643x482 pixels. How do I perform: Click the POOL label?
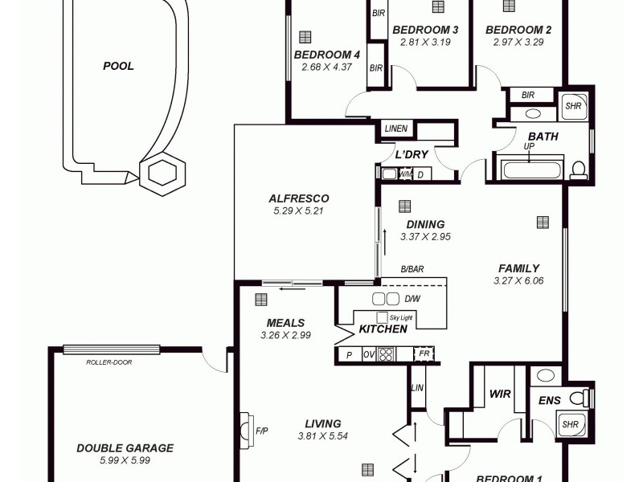[118, 67]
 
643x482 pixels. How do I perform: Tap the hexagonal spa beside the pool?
[163, 172]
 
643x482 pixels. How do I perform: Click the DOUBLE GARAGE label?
[125, 448]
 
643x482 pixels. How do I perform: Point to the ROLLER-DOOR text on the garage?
[109, 362]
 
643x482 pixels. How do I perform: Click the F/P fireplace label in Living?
[261, 431]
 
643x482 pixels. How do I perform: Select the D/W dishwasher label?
[412, 299]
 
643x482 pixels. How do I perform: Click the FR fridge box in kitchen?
[423, 353]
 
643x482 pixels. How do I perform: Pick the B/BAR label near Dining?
[412, 271]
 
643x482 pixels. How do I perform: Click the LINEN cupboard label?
[395, 129]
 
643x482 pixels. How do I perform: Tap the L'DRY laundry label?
[411, 154]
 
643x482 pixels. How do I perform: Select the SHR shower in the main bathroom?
[572, 106]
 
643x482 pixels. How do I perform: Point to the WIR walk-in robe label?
[500, 394]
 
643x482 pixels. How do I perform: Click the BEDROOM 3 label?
[424, 31]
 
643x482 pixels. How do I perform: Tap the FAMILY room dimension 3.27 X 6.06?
[518, 281]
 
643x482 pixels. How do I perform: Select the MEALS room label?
[285, 323]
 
